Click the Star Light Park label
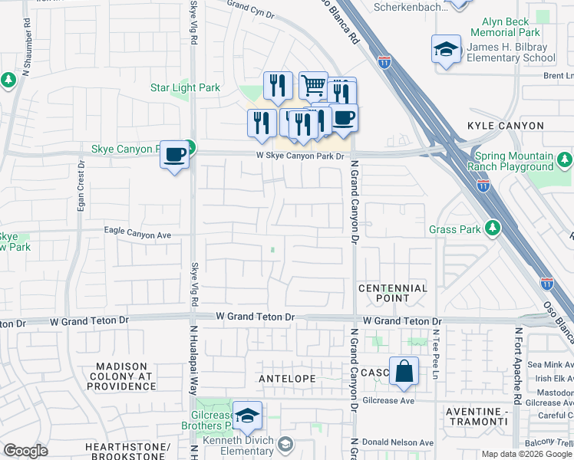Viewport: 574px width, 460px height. [185, 88]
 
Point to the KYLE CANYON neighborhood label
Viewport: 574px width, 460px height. [505, 125]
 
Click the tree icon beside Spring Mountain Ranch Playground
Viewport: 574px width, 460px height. [565, 159]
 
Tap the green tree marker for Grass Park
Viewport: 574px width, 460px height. [493, 228]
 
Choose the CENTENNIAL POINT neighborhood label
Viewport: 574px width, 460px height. [393, 293]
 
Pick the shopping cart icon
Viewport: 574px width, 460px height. [313, 86]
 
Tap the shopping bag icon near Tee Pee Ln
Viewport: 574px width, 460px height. [404, 372]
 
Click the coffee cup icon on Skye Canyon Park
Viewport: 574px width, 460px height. [174, 156]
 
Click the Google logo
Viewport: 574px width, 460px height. [26, 451]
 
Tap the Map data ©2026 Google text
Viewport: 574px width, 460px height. [526, 454]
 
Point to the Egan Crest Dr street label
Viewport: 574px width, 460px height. [81, 192]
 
